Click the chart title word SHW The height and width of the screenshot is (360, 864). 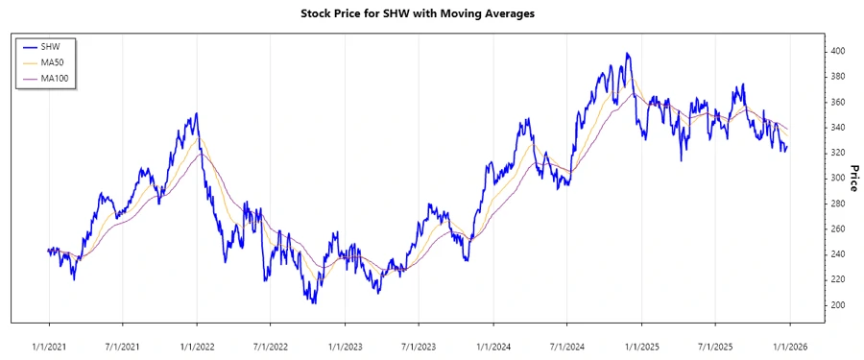point(416,14)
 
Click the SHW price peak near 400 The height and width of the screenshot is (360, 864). point(628,54)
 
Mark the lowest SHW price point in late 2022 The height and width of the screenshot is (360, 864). point(313,302)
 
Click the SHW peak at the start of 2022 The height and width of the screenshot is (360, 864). point(197,113)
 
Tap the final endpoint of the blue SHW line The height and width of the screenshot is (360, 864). point(788,147)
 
